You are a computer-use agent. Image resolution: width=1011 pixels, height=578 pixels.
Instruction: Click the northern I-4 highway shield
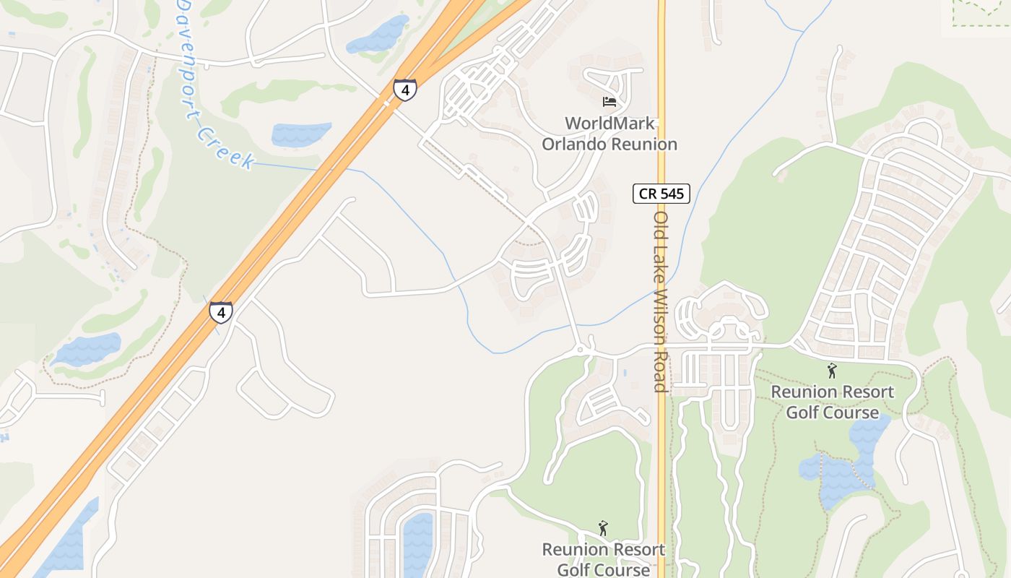pos(405,90)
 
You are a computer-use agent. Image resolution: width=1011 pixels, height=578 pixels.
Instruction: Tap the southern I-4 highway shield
pos(221,312)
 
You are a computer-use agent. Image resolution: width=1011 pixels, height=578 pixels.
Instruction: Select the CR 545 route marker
pos(661,194)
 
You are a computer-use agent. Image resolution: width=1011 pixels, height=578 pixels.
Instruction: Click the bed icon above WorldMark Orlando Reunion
pos(609,102)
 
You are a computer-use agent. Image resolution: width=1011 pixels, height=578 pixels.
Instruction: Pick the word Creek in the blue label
pos(226,149)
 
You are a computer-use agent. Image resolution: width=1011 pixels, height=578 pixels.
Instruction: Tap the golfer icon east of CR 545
pos(831,371)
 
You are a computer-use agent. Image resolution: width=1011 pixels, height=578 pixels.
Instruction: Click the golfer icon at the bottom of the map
pos(603,529)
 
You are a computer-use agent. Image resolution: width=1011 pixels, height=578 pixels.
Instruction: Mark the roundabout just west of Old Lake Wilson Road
pos(581,350)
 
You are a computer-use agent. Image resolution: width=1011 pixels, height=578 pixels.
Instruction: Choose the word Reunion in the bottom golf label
pos(573,550)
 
